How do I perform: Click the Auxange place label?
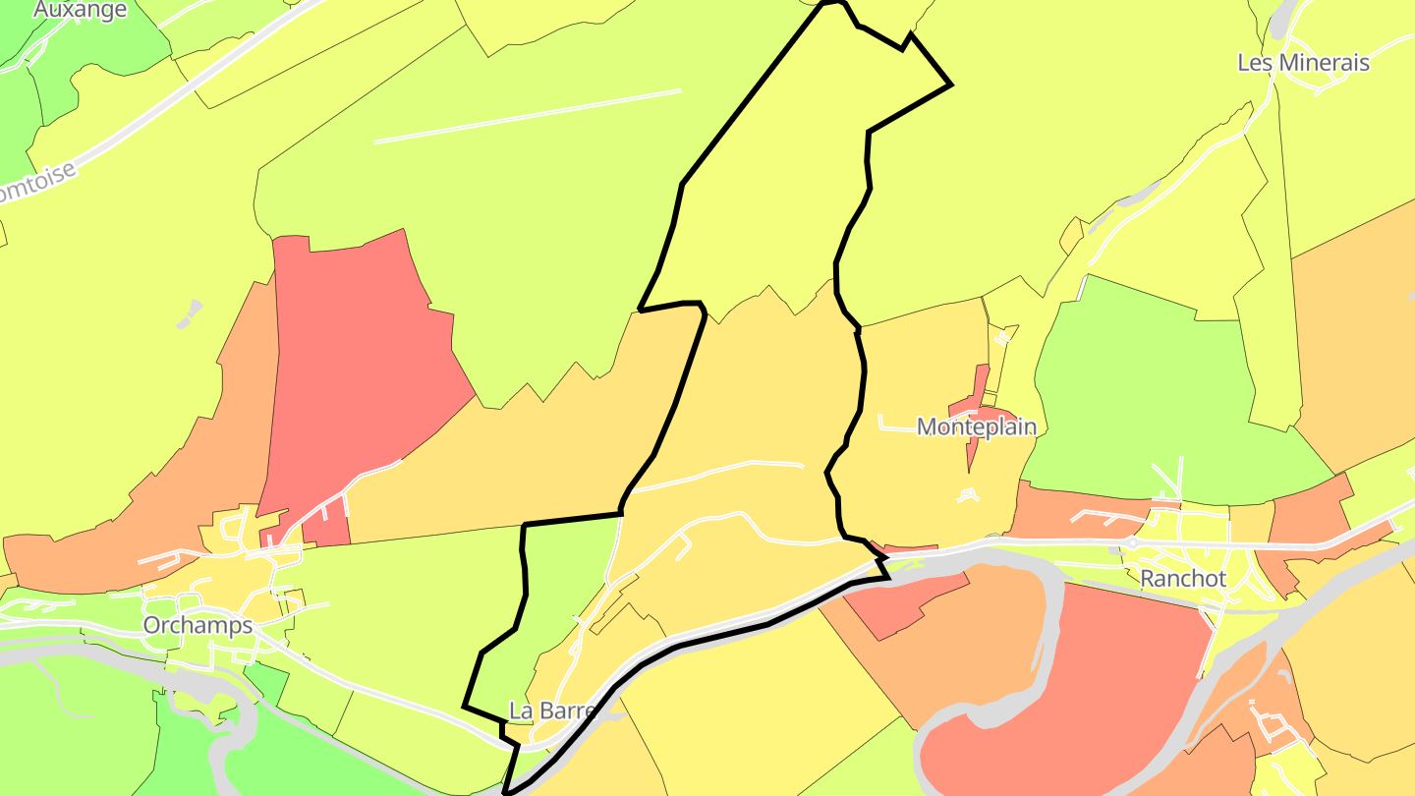81,10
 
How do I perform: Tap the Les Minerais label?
1303,63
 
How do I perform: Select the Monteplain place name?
976,427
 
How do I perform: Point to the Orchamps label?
198,626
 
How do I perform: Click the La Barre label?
552,711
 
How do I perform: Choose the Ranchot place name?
1183,579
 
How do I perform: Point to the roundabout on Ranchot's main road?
1132,542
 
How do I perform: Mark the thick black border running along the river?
707,639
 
